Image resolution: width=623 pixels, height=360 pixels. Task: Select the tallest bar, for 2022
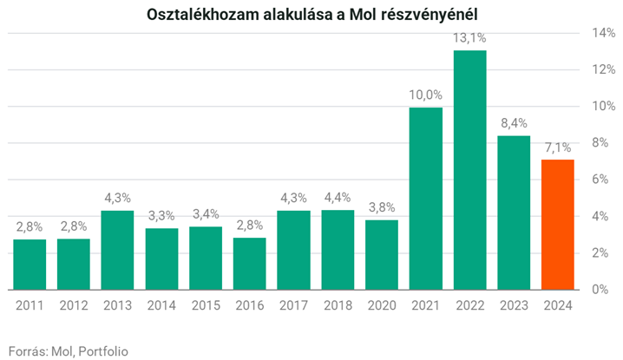(469, 169)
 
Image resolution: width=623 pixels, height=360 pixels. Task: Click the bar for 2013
(117, 250)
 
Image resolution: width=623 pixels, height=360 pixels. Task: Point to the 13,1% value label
(469, 38)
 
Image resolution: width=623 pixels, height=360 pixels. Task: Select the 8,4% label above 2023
(514, 124)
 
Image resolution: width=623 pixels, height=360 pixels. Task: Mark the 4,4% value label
(338, 198)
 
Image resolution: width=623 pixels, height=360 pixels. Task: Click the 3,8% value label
(382, 208)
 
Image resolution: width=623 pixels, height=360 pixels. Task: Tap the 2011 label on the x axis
(30, 305)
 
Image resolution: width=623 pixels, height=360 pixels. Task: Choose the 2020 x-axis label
(382, 305)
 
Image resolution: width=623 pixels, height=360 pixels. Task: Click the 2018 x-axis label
(338, 305)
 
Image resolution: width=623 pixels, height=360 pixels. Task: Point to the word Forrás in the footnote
(25, 350)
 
